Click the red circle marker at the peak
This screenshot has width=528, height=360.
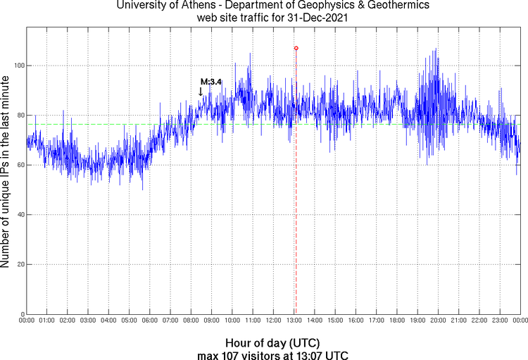point(296,48)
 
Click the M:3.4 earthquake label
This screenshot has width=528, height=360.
point(211,82)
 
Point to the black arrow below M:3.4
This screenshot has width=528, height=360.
point(201,92)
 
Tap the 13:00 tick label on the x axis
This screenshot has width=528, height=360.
point(294,321)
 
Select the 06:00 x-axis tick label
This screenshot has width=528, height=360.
point(150,321)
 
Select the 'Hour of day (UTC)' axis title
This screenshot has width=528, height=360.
point(272,342)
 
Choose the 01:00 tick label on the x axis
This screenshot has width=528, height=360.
point(47,321)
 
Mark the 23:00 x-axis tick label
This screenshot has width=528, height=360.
point(500,321)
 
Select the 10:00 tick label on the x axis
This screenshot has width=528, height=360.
point(232,321)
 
